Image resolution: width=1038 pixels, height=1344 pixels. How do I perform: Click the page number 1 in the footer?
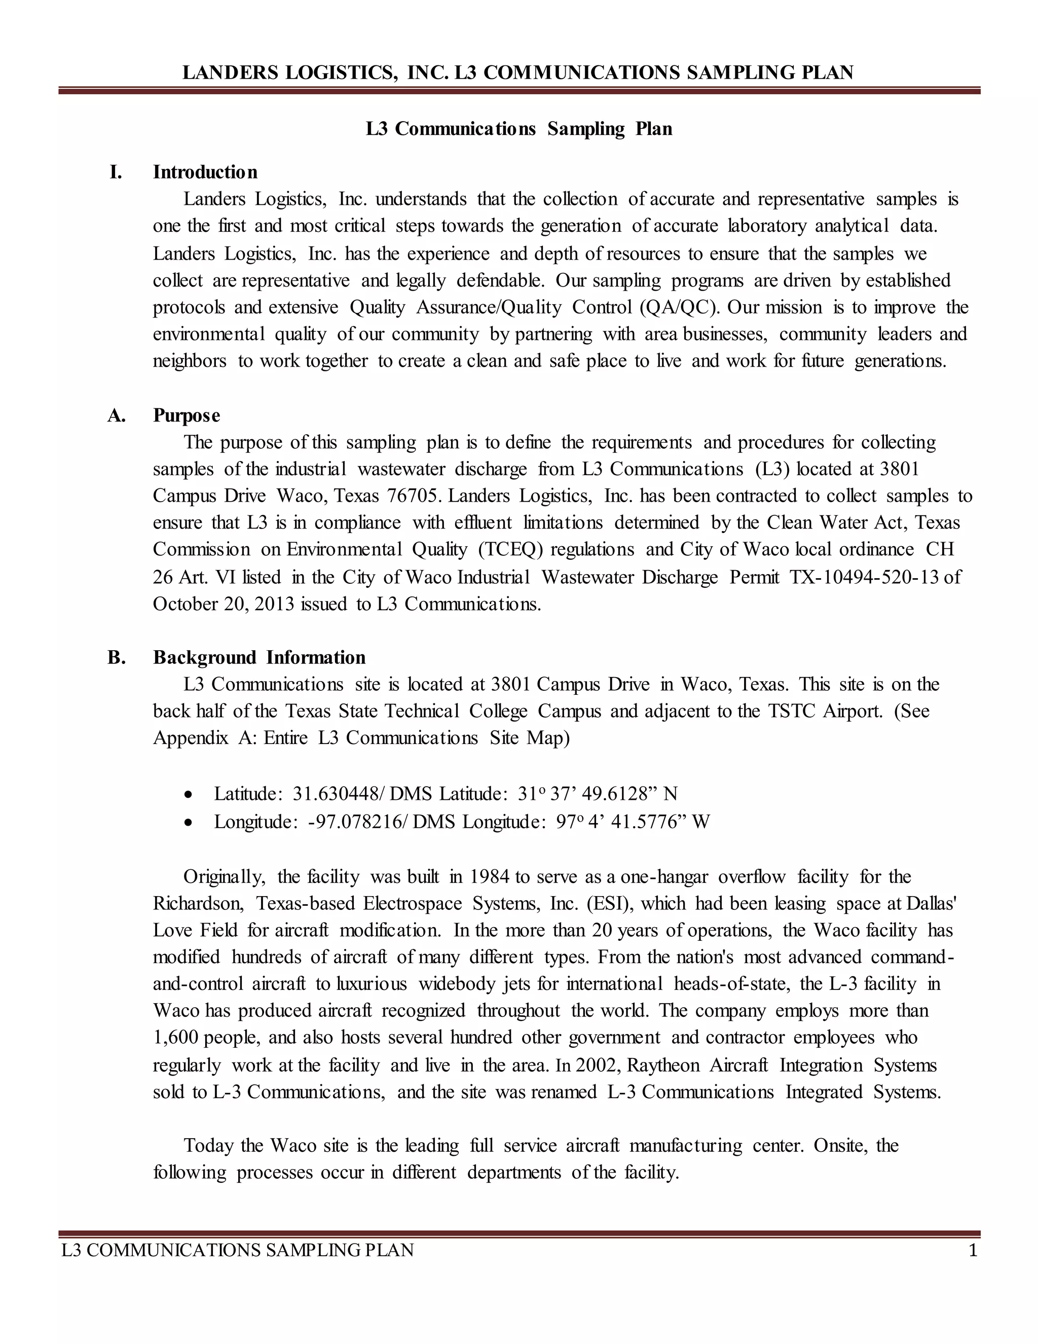[972, 1251]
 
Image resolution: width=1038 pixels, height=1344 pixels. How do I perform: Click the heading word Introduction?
[205, 172]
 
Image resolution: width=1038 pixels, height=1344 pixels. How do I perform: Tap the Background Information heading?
[259, 657]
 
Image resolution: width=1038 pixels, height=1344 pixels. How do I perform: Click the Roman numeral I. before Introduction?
[116, 172]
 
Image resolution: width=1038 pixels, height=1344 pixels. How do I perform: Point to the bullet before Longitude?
[189, 823]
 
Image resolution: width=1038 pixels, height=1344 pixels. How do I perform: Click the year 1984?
[490, 876]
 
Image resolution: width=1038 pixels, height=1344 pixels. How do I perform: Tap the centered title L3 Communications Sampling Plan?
[519, 129]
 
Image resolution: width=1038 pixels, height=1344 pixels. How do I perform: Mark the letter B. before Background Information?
[116, 657]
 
